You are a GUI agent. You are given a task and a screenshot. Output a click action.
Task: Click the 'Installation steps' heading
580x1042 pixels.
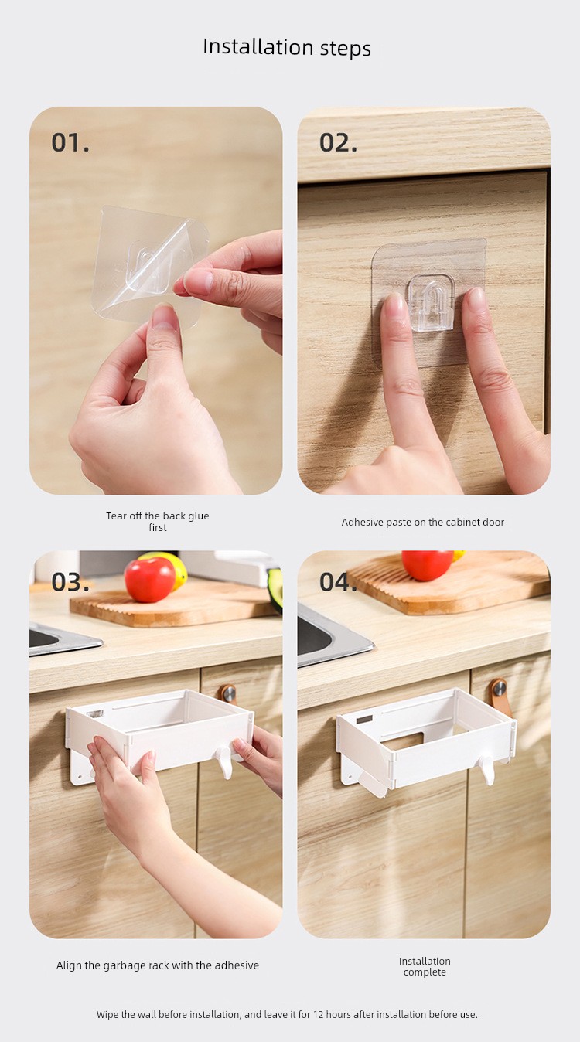point(287,47)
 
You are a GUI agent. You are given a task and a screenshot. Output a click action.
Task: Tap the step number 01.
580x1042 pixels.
point(70,142)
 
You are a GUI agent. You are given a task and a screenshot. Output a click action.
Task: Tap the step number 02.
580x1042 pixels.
point(339,142)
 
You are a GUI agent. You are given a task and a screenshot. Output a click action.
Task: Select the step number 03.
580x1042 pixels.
point(70,582)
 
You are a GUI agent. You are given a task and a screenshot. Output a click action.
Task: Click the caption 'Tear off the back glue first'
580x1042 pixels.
point(157,522)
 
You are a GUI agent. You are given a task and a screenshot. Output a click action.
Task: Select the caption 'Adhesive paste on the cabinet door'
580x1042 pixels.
point(423,522)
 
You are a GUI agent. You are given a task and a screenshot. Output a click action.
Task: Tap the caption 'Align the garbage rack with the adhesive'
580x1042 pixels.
point(157,965)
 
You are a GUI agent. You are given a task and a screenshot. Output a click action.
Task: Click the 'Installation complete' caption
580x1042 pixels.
point(425,966)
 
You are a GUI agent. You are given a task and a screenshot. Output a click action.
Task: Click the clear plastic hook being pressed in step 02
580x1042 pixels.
point(431,305)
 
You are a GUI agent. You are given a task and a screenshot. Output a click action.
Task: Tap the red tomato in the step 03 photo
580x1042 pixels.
point(150,579)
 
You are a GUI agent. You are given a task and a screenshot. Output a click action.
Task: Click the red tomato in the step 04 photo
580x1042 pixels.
point(428,565)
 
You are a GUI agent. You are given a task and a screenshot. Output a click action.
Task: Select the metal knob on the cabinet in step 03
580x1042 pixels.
point(228,693)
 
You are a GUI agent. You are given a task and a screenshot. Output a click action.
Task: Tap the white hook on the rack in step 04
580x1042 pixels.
point(487,769)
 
